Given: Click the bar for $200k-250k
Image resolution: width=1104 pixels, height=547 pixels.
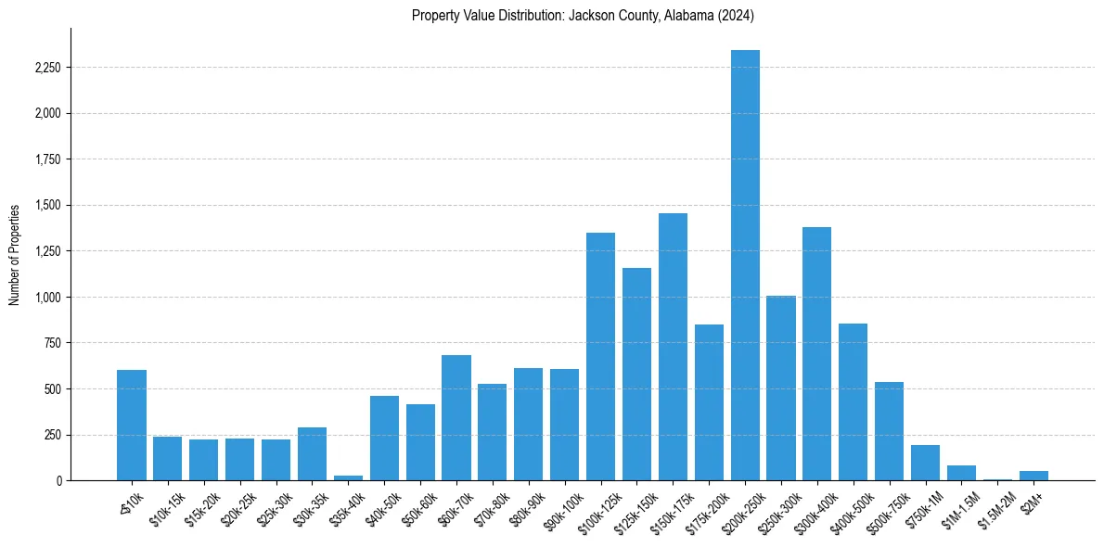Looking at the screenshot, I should click(745, 265).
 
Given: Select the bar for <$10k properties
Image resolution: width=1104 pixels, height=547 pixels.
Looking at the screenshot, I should click(132, 426).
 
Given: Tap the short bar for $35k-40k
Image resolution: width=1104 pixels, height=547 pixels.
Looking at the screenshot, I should click(348, 477).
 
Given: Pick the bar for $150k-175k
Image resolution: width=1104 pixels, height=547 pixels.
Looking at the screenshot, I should click(673, 347).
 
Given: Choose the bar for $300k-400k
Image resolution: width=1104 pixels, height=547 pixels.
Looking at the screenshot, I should click(817, 353).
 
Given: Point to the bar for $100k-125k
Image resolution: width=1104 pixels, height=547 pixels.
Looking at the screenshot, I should click(600, 357).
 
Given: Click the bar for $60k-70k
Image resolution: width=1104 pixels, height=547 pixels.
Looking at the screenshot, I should click(456, 417).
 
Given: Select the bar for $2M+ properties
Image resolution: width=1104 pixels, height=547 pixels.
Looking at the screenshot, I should click(1033, 476).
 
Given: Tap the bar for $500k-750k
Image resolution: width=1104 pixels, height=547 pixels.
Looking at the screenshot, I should click(890, 431).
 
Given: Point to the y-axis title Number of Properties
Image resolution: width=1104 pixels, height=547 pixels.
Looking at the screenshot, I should click(14, 254).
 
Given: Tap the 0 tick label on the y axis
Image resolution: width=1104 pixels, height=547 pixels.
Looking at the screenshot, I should click(58, 481).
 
